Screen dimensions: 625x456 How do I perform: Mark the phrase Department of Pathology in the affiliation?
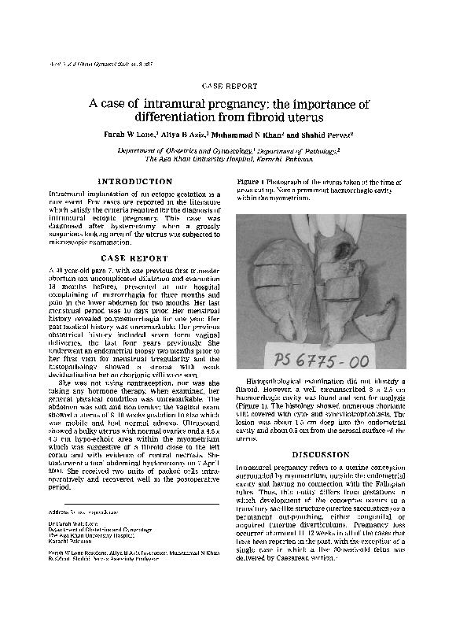[x=302, y=149]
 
